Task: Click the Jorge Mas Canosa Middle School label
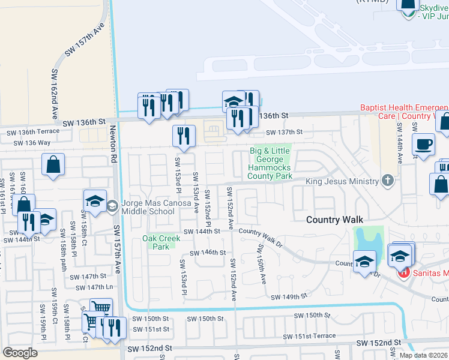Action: point(148,207)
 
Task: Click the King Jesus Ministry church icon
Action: point(388,181)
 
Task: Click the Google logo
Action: point(20,352)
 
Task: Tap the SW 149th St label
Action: point(288,297)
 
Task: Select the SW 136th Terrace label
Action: point(33,131)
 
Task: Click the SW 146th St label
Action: point(208,253)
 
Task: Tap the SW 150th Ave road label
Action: point(262,264)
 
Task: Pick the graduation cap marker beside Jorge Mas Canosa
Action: point(95,202)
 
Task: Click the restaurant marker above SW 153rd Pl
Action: point(184,136)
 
